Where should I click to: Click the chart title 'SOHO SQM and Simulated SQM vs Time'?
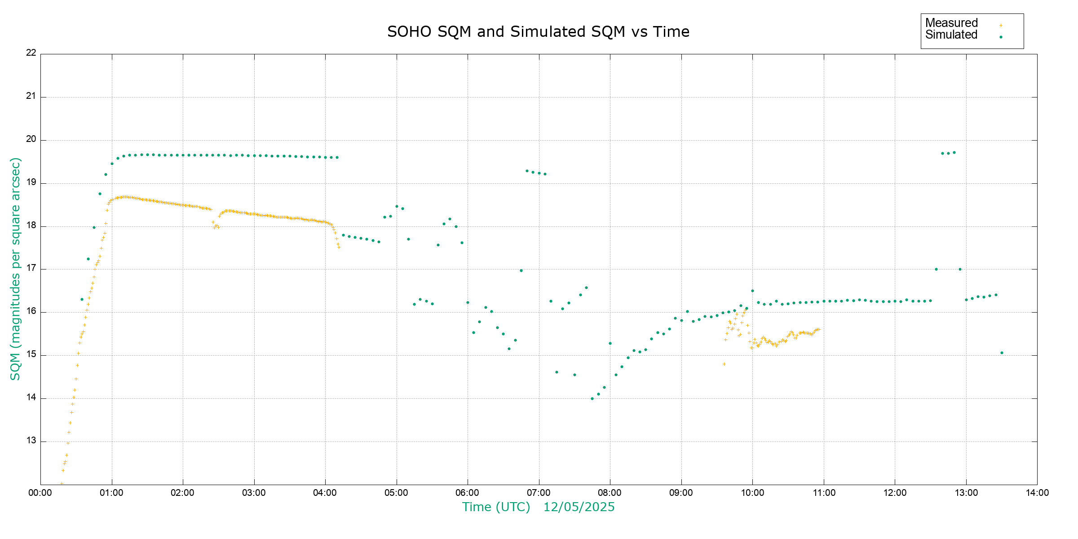(538, 32)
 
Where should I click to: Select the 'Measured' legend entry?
(951, 23)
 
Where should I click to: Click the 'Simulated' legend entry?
(951, 35)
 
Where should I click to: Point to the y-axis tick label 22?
(31, 53)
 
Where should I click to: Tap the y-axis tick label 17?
(31, 269)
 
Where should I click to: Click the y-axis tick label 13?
(31, 441)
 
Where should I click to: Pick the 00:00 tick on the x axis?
(40, 493)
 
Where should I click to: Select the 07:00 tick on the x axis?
(539, 493)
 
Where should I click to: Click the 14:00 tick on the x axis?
(1037, 493)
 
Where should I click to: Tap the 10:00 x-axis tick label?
(752, 493)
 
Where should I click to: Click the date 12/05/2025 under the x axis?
(579, 507)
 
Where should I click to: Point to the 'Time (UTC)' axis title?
(496, 507)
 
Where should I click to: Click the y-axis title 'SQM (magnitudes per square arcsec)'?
(16, 269)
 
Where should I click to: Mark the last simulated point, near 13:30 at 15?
(1002, 353)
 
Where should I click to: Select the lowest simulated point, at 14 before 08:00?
(592, 398)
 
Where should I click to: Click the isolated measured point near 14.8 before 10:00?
(724, 364)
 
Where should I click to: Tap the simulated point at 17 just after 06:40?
(521, 270)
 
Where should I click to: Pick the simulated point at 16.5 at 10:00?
(752, 291)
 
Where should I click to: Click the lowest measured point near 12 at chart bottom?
(62, 483)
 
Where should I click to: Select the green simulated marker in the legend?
(1001, 37)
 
